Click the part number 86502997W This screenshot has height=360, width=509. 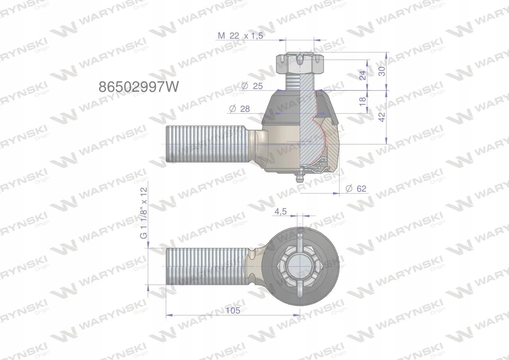(x=139, y=87)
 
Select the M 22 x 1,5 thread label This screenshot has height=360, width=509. (x=240, y=36)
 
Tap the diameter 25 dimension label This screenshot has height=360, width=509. (x=252, y=86)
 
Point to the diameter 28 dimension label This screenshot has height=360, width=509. (x=240, y=109)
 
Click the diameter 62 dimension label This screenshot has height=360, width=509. (x=356, y=189)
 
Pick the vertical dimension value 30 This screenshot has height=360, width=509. (x=382, y=71)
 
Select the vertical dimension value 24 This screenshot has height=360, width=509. (x=363, y=75)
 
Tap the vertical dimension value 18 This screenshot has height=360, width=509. (x=363, y=101)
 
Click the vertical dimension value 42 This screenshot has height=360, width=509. (x=382, y=117)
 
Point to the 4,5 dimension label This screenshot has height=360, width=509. (x=281, y=211)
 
